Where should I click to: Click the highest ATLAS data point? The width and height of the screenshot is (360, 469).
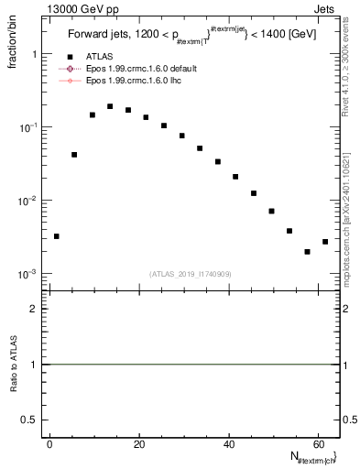coord(110,106)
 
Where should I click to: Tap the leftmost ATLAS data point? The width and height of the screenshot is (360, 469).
coord(57,236)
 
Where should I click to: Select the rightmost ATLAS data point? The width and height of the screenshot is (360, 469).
coord(325,242)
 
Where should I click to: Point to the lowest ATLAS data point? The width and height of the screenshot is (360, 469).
coord(307,252)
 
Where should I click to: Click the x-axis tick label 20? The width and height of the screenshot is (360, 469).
coord(138,444)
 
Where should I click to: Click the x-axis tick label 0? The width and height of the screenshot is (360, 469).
coord(49,444)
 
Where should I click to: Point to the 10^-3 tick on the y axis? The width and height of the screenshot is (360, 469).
coord(28,274)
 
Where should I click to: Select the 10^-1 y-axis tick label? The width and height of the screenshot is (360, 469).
coord(28,127)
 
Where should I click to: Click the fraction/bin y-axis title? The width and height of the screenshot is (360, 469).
coord(14,41)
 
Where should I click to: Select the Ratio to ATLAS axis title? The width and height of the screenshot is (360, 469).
coord(14,365)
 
